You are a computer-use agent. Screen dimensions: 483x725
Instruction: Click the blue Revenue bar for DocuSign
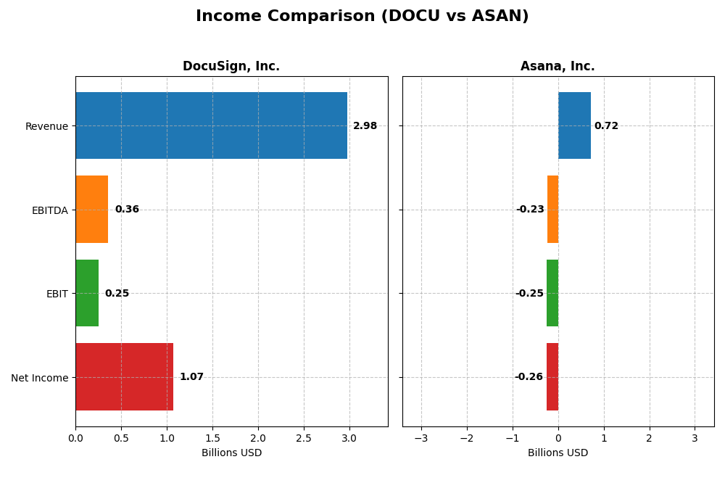[211, 125]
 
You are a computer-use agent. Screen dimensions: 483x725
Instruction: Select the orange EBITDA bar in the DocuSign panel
[92, 210]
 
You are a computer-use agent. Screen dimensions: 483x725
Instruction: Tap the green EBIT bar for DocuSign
[87, 293]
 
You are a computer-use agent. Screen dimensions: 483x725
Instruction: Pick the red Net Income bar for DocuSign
[124, 377]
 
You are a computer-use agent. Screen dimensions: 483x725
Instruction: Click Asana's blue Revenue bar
[574, 125]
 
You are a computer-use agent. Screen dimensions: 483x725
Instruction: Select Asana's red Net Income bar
[552, 377]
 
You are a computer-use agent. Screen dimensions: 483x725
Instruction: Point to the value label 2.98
[365, 126]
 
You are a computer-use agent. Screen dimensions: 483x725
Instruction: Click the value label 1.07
[191, 377]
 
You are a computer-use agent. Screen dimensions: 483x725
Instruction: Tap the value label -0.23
[530, 210]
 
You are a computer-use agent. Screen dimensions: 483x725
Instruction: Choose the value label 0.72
[606, 126]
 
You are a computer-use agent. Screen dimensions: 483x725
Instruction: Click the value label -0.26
[529, 377]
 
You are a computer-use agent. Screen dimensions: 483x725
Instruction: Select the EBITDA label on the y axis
[49, 210]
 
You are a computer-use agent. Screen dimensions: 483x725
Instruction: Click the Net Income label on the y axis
[39, 378]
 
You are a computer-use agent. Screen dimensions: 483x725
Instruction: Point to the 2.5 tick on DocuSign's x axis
[304, 438]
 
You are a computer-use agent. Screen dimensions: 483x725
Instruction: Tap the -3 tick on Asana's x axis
[420, 438]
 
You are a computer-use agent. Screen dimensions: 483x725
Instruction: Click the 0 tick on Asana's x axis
[558, 438]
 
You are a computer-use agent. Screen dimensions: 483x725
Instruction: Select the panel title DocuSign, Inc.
[231, 67]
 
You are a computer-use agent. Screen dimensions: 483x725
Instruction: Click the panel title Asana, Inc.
[558, 67]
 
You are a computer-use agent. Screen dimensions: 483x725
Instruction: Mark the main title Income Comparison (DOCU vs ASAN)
[362, 17]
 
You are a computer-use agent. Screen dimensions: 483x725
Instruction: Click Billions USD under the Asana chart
[558, 453]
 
